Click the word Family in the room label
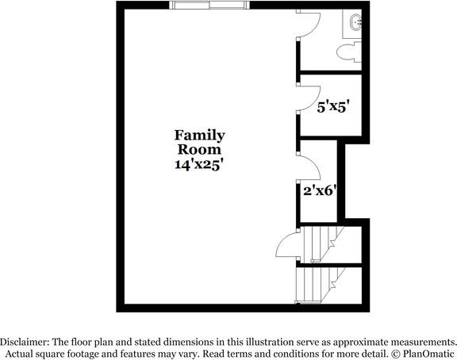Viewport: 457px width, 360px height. [199, 135]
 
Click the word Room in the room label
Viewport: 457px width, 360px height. [199, 149]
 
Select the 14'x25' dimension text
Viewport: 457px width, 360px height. [199, 164]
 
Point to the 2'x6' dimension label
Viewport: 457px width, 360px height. [321, 190]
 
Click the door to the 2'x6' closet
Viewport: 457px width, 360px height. [309, 167]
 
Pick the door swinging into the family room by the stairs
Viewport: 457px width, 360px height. [287, 248]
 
